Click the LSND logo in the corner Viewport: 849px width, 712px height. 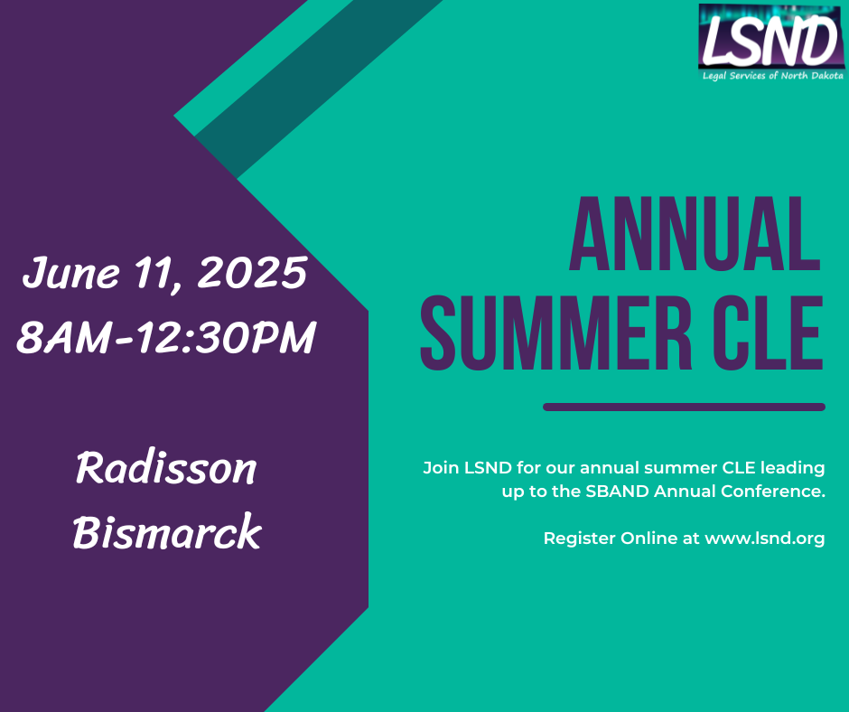click(771, 42)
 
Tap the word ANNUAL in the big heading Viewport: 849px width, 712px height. click(695, 233)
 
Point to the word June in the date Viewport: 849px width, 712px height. click(70, 273)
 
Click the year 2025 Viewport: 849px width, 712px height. click(252, 272)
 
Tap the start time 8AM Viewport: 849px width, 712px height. click(64, 337)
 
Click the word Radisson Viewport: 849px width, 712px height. click(165, 468)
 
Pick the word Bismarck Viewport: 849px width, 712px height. click(167, 531)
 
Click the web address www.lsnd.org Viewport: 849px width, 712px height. click(764, 539)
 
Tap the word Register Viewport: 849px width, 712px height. click(579, 539)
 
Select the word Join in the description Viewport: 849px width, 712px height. click(441, 468)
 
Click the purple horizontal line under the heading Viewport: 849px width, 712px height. click(684, 407)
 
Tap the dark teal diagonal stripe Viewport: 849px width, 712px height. click(319, 89)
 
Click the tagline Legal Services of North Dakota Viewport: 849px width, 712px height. click(772, 76)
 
